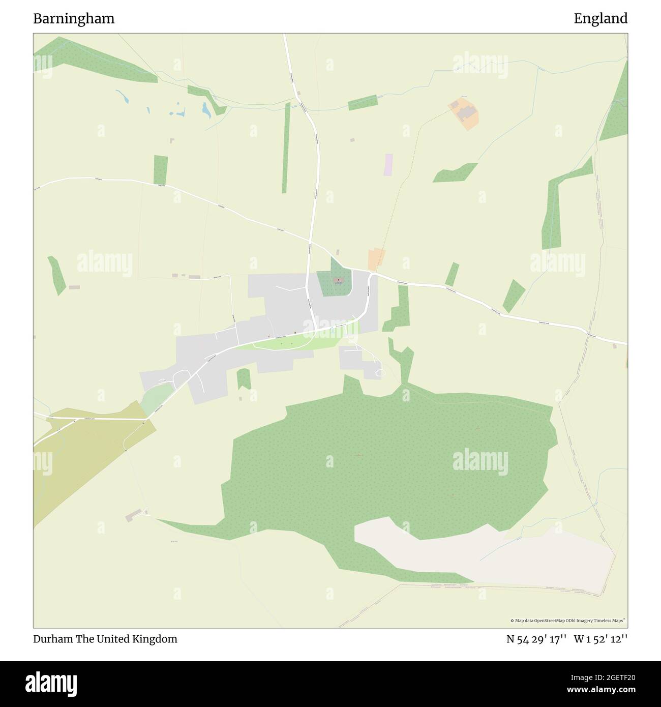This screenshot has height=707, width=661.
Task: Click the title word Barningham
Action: pyautogui.click(x=74, y=19)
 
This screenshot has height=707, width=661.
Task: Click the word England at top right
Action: pyautogui.click(x=600, y=19)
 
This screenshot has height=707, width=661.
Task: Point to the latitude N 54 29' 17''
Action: pyautogui.click(x=536, y=639)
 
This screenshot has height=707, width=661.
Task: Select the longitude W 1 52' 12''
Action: pyautogui.click(x=600, y=639)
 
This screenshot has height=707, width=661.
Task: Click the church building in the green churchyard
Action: pyautogui.click(x=338, y=280)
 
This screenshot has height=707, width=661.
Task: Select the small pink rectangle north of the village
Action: pyautogui.click(x=389, y=164)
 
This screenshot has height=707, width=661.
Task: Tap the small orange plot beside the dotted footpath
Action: pyautogui.click(x=376, y=259)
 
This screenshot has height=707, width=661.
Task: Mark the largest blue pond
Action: pyautogui.click(x=205, y=109)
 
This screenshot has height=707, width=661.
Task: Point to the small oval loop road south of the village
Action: pyautogui.click(x=378, y=374)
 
